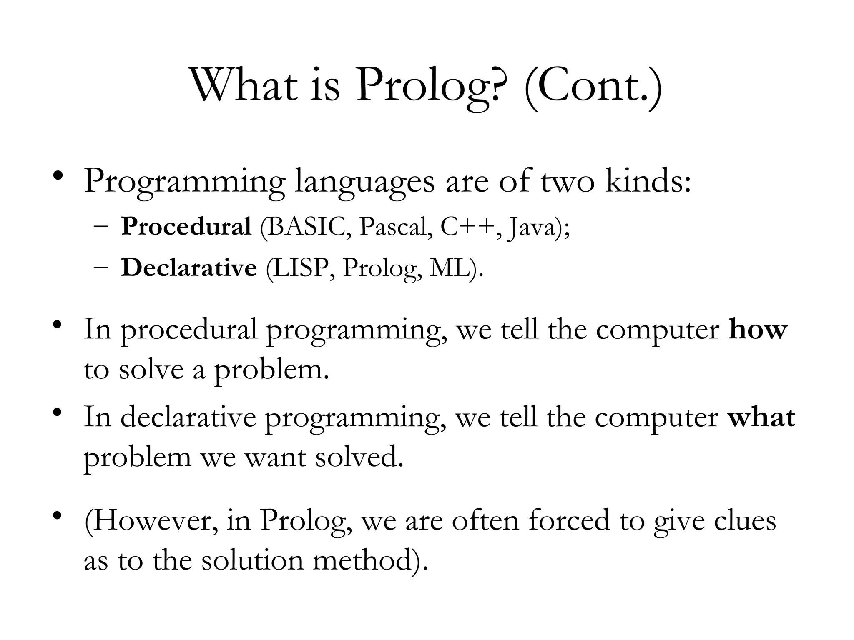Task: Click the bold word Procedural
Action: pos(186,227)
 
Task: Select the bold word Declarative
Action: pos(189,267)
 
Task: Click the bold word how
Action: pos(758,330)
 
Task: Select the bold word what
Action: pos(761,417)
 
